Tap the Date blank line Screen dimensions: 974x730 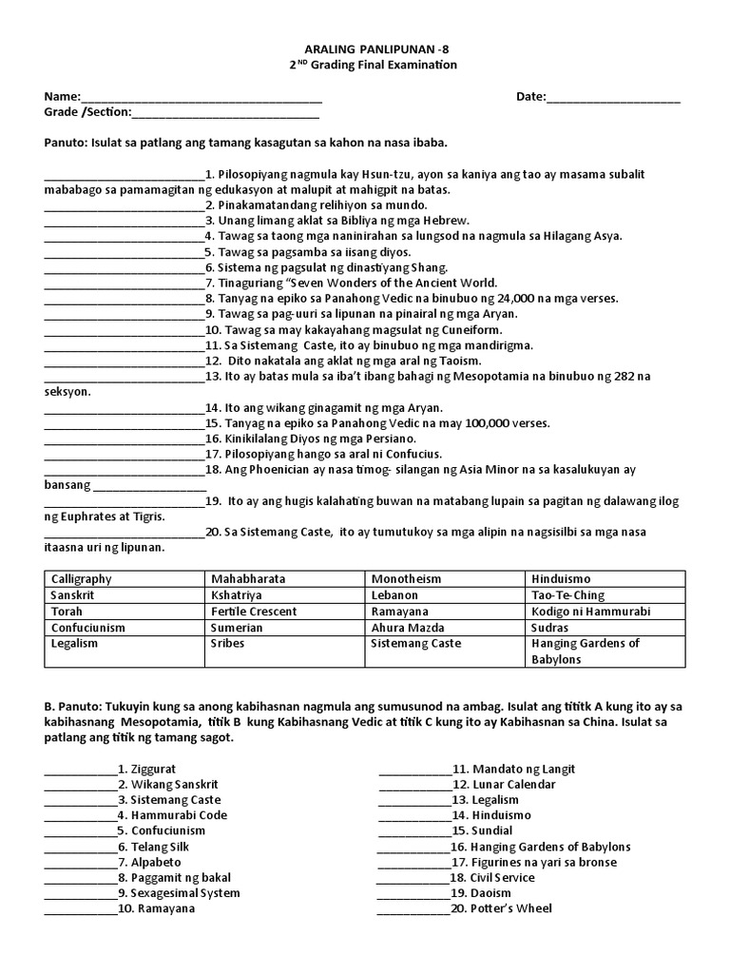tap(613, 98)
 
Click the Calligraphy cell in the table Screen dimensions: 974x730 tap(81, 578)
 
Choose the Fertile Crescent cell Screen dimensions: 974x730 tap(254, 612)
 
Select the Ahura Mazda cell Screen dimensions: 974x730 tap(408, 628)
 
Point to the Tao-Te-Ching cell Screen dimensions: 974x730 tap(568, 594)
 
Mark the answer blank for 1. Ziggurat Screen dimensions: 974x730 tap(81, 769)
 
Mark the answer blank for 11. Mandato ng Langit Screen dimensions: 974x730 tap(414, 769)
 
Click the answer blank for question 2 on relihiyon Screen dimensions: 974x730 tap(124, 205)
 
